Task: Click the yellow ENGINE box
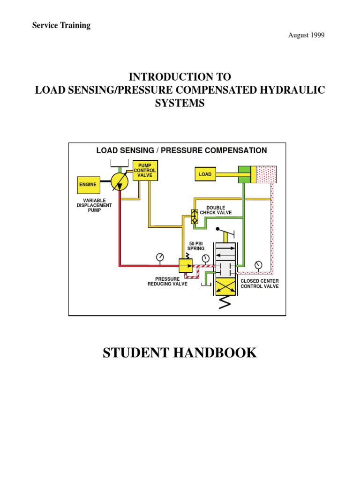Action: [x=88, y=185]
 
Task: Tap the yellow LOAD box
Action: [x=205, y=174]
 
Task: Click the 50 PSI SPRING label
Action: [x=196, y=246]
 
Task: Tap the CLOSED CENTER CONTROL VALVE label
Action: [x=259, y=284]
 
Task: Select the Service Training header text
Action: [x=61, y=26]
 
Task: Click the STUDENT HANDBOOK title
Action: [x=180, y=352]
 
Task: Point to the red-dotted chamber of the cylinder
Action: [x=266, y=174]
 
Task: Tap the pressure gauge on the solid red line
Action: [x=160, y=257]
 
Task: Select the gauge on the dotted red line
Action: [x=258, y=265]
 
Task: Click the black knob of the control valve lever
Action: [x=218, y=229]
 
